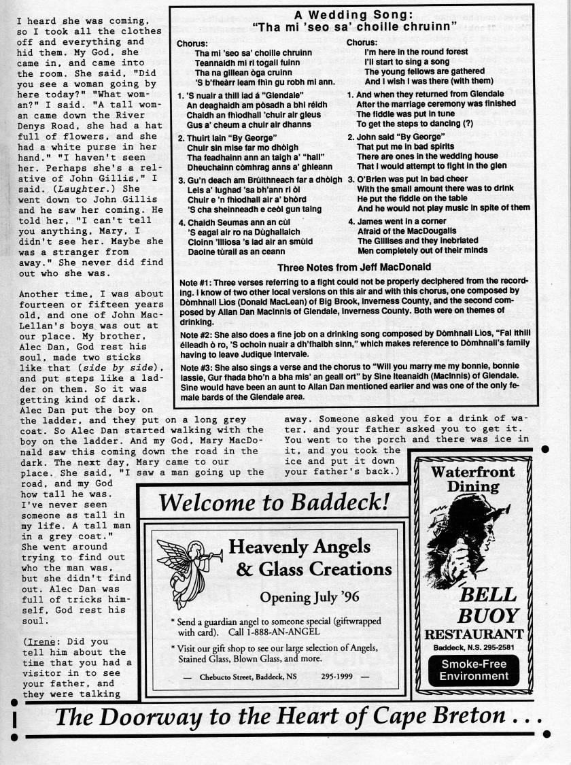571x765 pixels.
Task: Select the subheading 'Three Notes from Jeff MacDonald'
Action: (354, 267)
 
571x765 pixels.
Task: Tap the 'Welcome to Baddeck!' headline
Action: (274, 503)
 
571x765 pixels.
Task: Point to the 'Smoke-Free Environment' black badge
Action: (474, 669)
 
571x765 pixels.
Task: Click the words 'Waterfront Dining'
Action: (474, 479)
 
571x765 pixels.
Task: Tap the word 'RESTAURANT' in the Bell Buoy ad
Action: (474, 634)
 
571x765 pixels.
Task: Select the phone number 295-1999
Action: (337, 677)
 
